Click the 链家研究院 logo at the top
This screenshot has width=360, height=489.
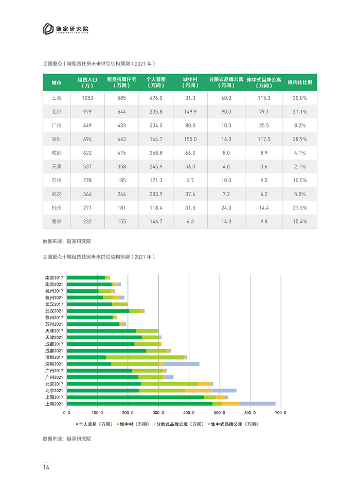click(66, 29)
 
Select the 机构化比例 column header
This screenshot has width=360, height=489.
click(300, 82)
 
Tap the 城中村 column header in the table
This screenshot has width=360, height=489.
click(190, 82)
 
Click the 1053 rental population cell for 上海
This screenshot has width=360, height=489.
click(87, 98)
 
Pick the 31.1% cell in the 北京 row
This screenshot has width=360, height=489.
click(300, 112)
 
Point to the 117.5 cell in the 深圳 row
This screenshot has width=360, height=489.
click(264, 139)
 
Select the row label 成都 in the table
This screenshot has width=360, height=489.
click(57, 153)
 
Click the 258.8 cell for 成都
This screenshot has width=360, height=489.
click(156, 153)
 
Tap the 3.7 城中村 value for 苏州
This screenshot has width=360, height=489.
click(190, 180)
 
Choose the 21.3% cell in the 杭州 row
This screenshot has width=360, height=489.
click(300, 208)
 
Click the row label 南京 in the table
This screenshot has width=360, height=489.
click(57, 221)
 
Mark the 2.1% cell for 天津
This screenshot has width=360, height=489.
click(300, 167)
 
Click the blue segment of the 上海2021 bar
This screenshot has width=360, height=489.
click(258, 404)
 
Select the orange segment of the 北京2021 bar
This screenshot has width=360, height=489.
click(198, 391)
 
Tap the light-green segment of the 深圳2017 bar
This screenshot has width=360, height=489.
click(145, 357)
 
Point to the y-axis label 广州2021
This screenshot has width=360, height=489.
click(54, 377)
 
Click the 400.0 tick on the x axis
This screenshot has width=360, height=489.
click(189, 413)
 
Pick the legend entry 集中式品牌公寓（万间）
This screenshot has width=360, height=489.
click(233, 424)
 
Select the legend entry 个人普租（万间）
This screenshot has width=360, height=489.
click(94, 424)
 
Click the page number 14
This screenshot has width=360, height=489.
click(46, 467)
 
